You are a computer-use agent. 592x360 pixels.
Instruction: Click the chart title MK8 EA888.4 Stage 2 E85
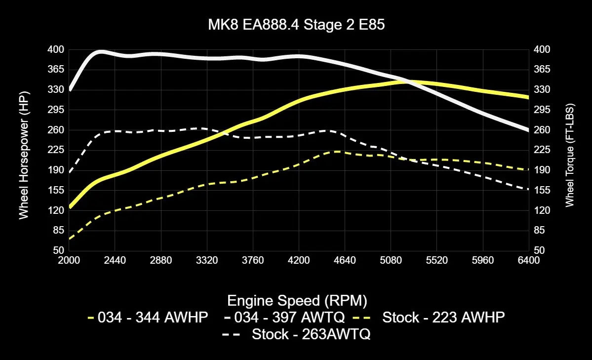click(x=296, y=25)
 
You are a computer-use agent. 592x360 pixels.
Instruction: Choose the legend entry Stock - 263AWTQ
click(x=296, y=334)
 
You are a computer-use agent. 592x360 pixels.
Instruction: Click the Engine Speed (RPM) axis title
click(x=296, y=300)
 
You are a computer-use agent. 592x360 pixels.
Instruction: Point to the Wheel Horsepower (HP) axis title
click(x=24, y=155)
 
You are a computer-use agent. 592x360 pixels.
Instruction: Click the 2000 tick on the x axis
click(x=69, y=260)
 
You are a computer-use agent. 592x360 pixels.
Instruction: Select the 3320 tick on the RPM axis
click(x=207, y=260)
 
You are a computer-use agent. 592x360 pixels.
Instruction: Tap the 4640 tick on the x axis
click(x=345, y=260)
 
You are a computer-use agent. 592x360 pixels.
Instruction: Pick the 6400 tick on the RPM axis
click(x=529, y=260)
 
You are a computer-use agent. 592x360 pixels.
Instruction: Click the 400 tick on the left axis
click(x=56, y=49)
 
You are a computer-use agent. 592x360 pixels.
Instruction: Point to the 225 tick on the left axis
click(x=56, y=150)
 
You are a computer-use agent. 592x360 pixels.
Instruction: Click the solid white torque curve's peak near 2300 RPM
click(x=101, y=51)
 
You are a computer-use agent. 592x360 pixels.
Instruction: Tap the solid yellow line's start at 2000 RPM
click(x=70, y=207)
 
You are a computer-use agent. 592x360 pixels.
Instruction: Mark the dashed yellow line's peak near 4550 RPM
click(x=336, y=152)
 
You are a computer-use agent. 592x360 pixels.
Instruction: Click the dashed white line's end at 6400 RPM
click(x=528, y=190)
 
